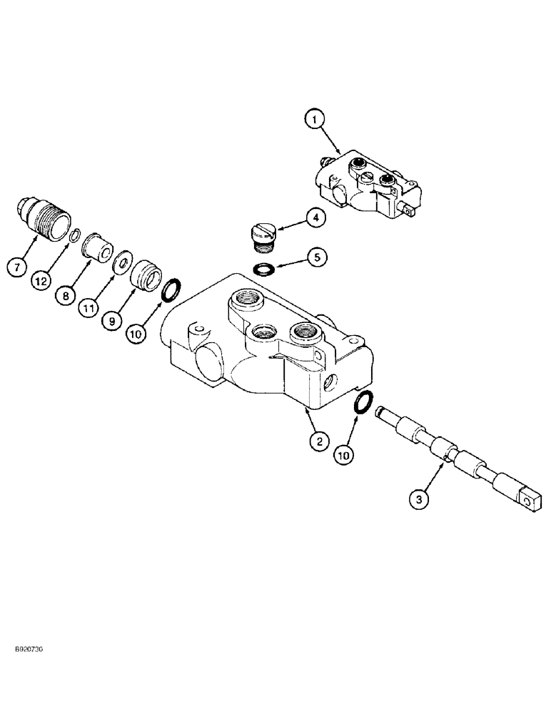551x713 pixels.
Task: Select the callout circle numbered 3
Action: [420, 500]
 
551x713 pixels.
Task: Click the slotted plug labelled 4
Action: [261, 235]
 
